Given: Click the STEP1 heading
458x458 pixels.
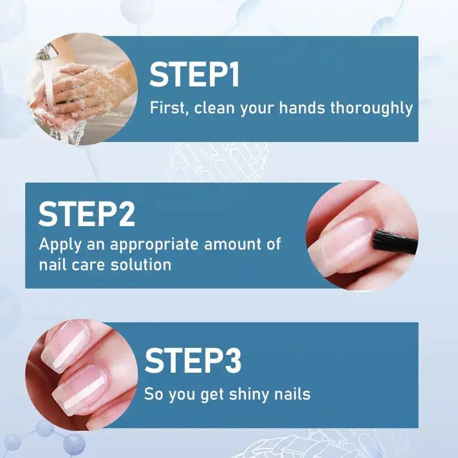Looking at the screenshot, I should click(195, 76).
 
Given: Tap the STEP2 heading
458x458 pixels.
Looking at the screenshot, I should click(86, 214).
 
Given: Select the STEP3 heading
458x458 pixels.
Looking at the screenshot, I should click(193, 360).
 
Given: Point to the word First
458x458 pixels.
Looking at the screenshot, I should click(168, 108).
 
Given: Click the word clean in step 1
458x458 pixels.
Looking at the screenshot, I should click(215, 108).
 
